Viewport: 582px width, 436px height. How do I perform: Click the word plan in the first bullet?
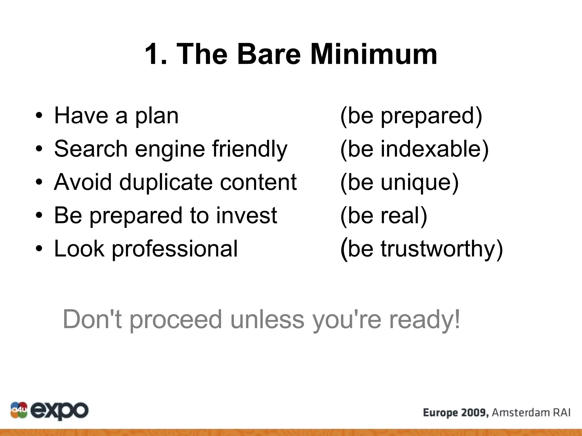(157, 116)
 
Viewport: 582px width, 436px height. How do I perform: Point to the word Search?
(91, 149)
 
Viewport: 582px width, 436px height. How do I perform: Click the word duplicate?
(166, 182)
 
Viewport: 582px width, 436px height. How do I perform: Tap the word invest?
(246, 215)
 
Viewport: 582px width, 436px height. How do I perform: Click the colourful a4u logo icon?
(19, 410)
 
